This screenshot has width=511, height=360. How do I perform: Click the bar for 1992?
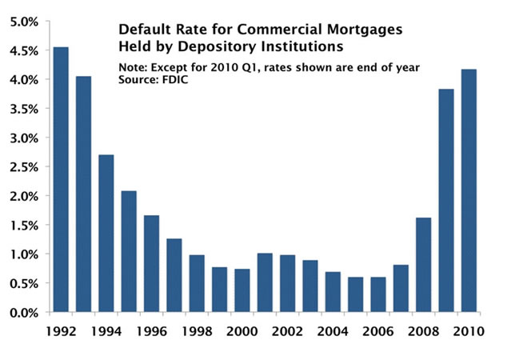pyautogui.click(x=60, y=179)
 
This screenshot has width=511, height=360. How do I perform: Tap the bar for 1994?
pyautogui.click(x=106, y=233)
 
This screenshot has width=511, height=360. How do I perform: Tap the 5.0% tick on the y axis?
pyautogui.click(x=25, y=22)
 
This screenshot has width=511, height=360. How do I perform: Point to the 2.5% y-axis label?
pyautogui.click(x=25, y=166)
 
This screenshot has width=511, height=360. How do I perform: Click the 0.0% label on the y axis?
pyautogui.click(x=25, y=312)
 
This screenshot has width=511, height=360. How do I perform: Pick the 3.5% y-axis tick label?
pyautogui.click(x=25, y=109)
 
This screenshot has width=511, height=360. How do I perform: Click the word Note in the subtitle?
pyautogui.click(x=132, y=66)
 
